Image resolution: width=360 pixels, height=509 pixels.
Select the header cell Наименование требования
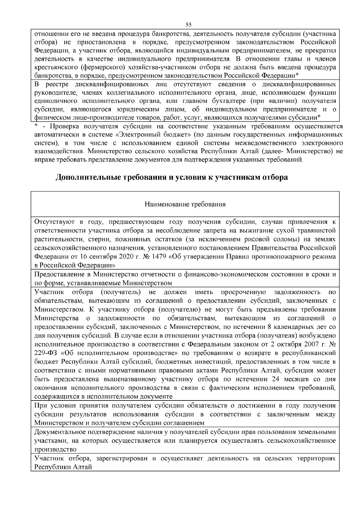[185, 204]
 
